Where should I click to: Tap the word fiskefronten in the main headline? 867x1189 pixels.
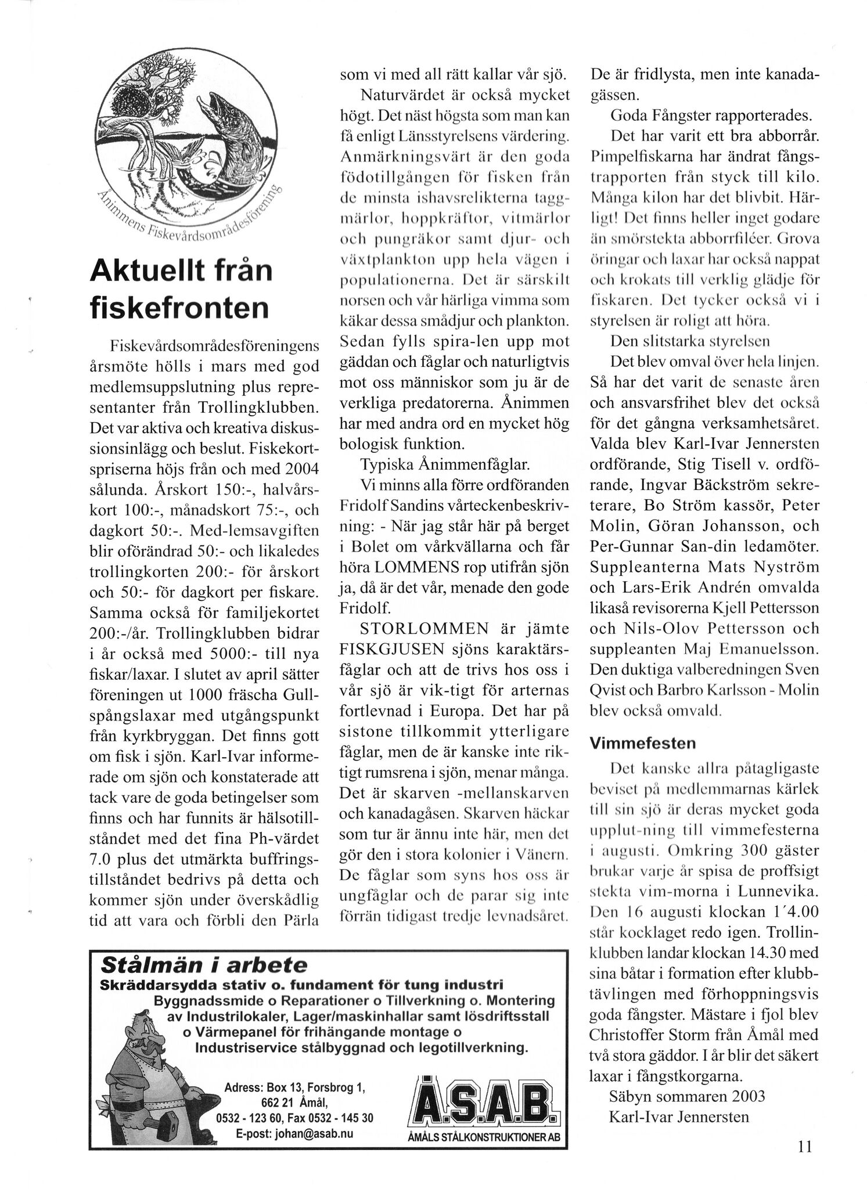179,307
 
